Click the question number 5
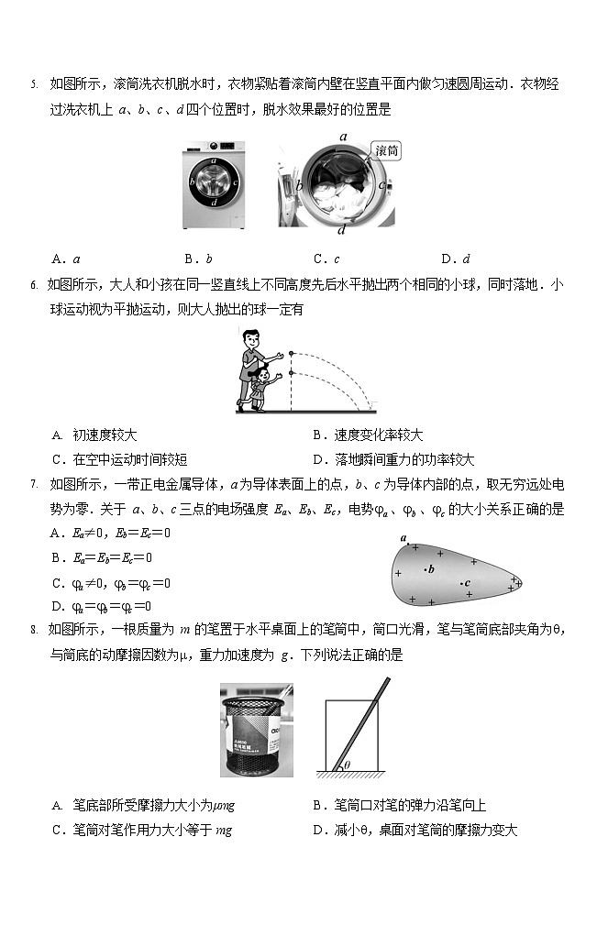tap(33, 85)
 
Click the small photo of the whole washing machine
tap(213, 182)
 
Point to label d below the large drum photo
tap(340, 230)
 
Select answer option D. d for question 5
tap(456, 259)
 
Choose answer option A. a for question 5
tap(66, 259)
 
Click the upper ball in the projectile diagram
tap(292, 352)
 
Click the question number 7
tap(33, 485)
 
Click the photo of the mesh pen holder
tap(257, 730)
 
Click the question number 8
tap(33, 630)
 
